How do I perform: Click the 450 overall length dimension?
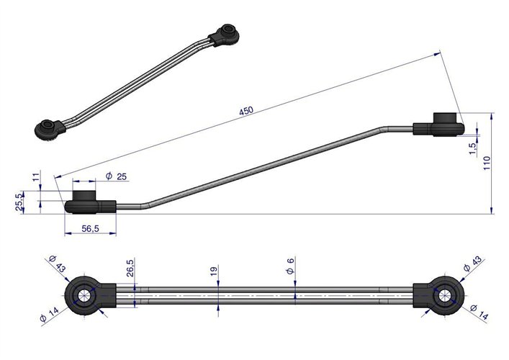click(246, 111)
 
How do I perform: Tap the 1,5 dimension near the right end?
click(473, 148)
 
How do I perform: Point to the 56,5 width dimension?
click(90, 228)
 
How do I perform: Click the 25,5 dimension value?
click(19, 202)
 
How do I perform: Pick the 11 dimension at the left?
click(36, 176)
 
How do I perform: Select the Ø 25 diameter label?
click(116, 176)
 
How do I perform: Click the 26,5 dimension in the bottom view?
click(130, 268)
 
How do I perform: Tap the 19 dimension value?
click(214, 271)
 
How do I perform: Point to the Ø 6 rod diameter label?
click(290, 266)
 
